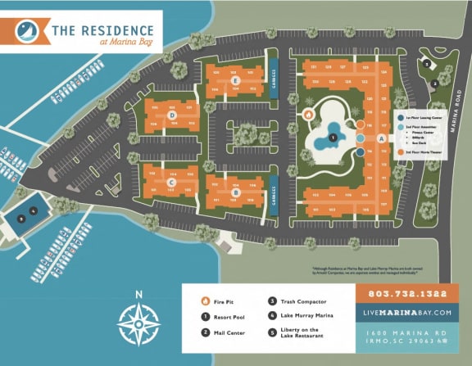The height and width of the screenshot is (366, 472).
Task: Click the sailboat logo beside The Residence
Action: point(27,33)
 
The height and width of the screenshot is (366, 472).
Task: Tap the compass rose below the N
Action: point(138,322)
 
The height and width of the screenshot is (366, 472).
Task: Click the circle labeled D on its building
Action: point(172,115)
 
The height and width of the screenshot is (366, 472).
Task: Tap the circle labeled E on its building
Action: point(235,80)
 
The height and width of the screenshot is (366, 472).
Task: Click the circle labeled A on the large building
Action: point(382,139)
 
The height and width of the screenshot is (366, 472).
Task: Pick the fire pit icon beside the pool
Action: point(309,115)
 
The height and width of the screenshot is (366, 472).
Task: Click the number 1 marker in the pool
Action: point(333,138)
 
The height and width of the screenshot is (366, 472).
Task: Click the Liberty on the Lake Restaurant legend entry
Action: point(301,335)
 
